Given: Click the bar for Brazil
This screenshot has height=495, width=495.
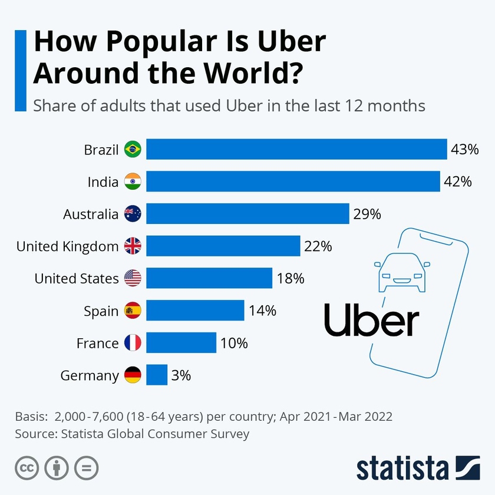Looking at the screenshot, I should point(296,150).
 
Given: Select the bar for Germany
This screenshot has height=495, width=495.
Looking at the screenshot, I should point(157,375).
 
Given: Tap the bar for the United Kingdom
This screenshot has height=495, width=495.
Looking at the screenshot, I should point(223,246).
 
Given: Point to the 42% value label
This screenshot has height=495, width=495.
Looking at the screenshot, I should point(458,181).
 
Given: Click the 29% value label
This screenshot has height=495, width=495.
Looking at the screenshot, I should point(367,214).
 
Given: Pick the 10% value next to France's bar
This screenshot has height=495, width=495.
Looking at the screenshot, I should point(234,342).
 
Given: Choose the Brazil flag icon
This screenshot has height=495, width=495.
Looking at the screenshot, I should point(133,150).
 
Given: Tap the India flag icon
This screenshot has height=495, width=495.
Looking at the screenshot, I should point(133,182).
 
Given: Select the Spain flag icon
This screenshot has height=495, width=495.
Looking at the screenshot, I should point(133,311).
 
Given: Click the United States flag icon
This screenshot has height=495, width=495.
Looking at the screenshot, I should point(133,278).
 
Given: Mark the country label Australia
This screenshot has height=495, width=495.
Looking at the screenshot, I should point(91,214).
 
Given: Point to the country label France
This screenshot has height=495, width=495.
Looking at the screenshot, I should point(98,342).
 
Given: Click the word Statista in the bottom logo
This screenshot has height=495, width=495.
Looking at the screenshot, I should point(401,468).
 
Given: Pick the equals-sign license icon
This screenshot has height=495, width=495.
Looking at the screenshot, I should point(86,468).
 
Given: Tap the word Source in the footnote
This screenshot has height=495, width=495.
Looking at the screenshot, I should point(34,434).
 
